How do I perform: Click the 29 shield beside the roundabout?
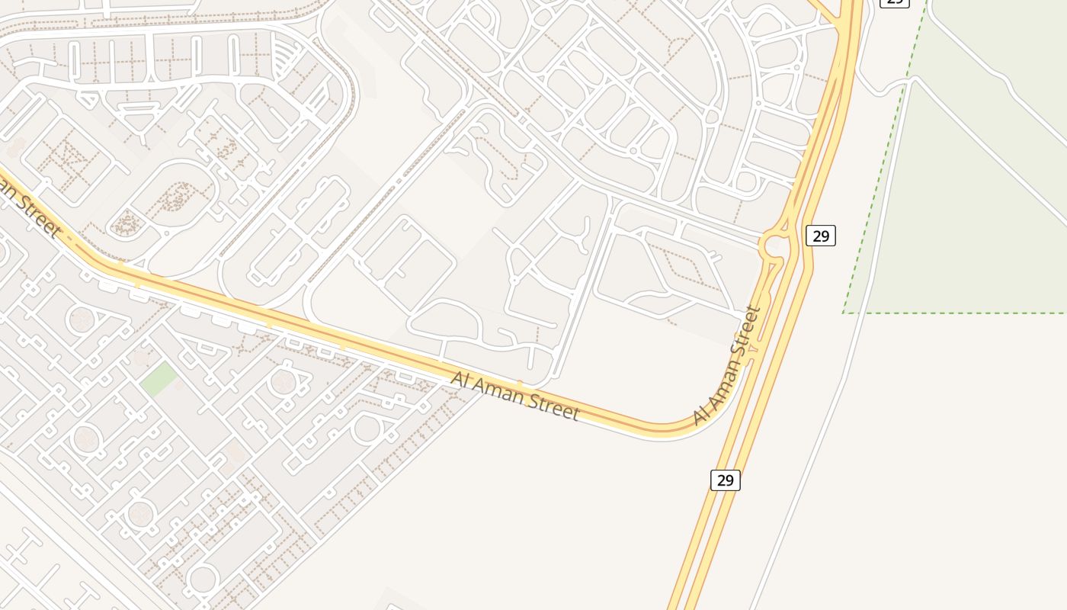click(821, 236)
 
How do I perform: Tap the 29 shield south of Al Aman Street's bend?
click(725, 480)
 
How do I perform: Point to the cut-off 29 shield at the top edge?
click(894, 2)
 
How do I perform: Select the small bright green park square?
click(159, 379)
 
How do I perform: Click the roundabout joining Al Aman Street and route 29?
click(773, 246)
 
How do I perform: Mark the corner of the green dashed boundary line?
click(844, 313)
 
